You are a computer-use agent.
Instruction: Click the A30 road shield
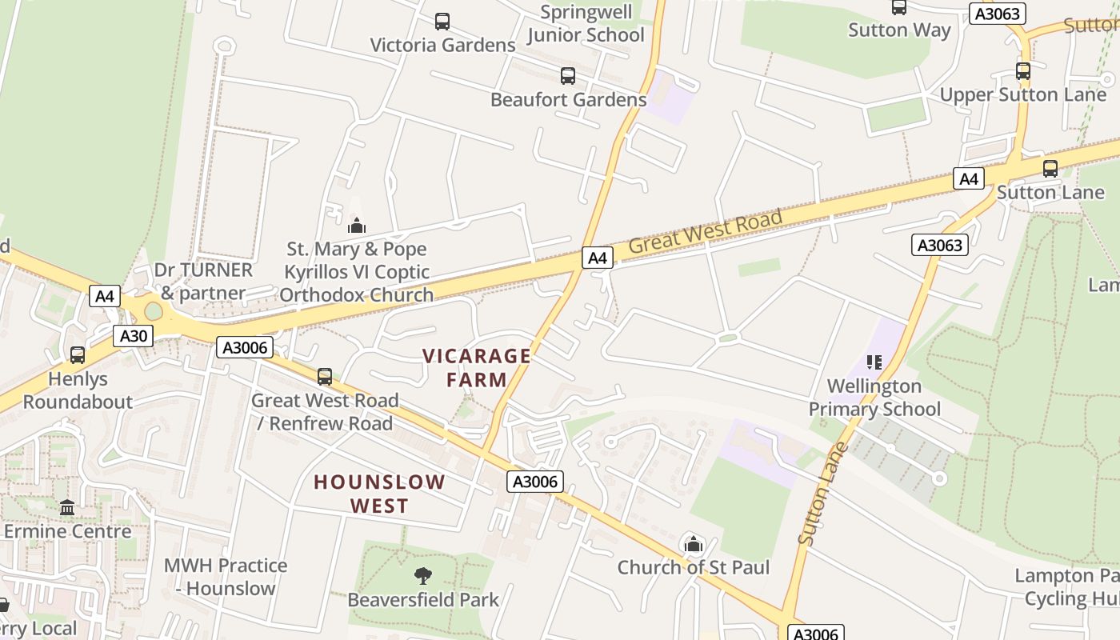click(x=133, y=336)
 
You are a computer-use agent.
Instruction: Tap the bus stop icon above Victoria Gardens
click(x=442, y=22)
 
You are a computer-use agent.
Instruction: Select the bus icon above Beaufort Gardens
click(x=568, y=76)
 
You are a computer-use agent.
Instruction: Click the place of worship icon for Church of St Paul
click(x=693, y=546)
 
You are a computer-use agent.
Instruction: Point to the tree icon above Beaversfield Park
click(x=422, y=576)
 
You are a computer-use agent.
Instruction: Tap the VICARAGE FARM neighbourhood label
click(x=477, y=368)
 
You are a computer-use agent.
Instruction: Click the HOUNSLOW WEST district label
click(x=379, y=494)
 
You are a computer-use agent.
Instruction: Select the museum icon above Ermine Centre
click(x=67, y=507)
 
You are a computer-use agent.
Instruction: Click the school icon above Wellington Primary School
click(x=874, y=362)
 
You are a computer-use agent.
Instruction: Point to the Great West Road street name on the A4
click(x=705, y=231)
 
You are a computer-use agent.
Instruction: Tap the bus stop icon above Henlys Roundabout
click(x=78, y=354)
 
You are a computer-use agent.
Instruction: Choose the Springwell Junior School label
click(x=586, y=24)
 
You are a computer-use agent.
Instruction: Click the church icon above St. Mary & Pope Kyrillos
click(x=357, y=226)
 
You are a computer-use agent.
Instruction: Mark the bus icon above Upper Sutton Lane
click(x=1022, y=71)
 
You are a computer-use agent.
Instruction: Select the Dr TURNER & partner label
click(x=203, y=282)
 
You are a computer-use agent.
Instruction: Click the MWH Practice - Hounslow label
click(x=225, y=577)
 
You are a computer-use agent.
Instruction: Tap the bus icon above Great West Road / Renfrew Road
click(x=324, y=376)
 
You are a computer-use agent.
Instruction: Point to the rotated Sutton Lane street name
click(x=823, y=494)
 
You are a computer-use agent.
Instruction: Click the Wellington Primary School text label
click(x=874, y=398)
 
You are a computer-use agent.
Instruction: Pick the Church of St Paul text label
click(x=693, y=568)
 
